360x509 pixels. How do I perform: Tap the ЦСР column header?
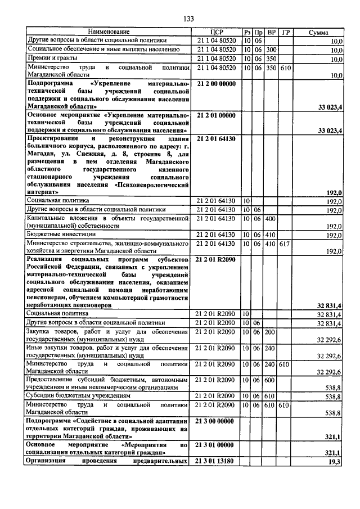(217, 33)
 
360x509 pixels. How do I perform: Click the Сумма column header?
(319, 33)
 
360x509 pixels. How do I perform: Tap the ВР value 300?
(272, 49)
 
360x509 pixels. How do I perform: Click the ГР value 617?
(285, 243)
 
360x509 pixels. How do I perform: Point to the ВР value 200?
(272, 332)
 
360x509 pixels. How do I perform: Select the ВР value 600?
(272, 380)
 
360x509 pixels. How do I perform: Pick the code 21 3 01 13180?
(217, 461)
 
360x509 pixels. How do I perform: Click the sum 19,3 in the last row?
(336, 461)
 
